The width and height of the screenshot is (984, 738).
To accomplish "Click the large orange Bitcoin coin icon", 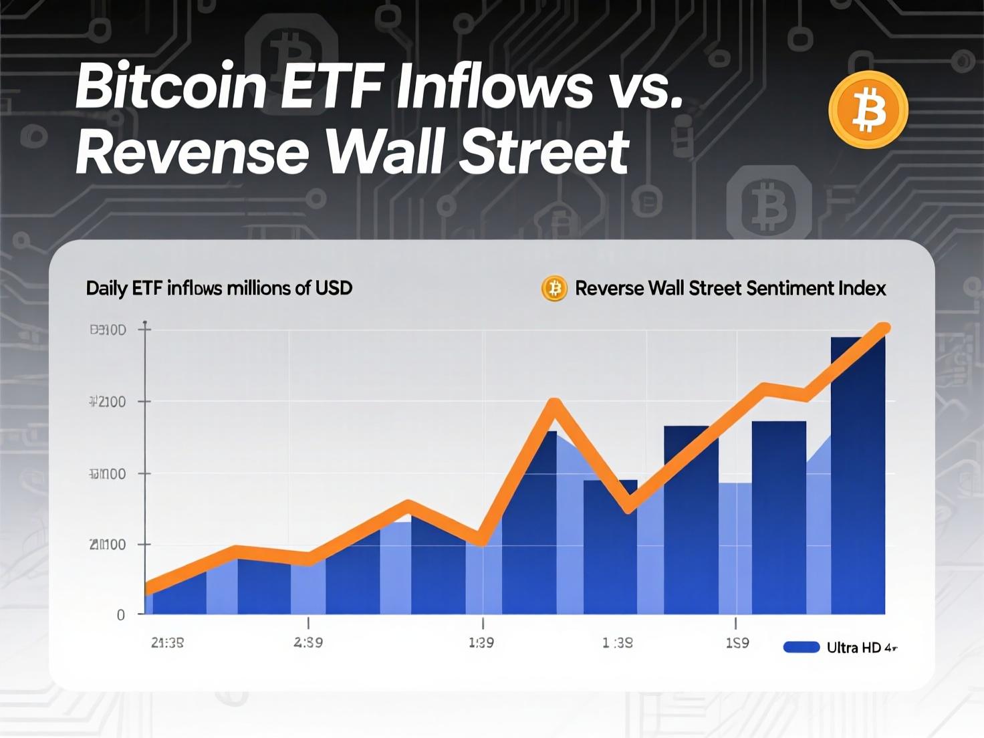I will (x=868, y=109).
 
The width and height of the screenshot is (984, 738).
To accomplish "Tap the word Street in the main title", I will (x=545, y=151).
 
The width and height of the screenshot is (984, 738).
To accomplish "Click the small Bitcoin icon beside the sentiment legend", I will (x=553, y=289).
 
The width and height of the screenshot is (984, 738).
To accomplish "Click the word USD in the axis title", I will (x=333, y=288).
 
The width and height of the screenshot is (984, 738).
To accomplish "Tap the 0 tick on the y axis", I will (x=121, y=615).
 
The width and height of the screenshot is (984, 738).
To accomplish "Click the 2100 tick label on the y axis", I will (x=108, y=402).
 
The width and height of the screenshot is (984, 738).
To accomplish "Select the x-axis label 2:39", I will (x=308, y=642).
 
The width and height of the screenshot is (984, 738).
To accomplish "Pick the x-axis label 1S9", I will (x=737, y=642).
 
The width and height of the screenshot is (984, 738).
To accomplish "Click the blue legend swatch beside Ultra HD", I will (x=801, y=647).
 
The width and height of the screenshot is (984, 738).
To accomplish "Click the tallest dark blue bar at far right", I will (x=858, y=475).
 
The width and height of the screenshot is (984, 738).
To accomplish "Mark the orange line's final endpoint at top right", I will (x=884, y=328).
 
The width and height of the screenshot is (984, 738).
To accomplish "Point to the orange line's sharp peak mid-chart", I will (x=554, y=403).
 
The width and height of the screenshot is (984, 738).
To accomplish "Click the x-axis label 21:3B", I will (x=167, y=643).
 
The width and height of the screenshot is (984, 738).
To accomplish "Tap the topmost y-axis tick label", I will (x=108, y=330).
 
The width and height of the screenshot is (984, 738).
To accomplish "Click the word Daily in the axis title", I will (x=106, y=288).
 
